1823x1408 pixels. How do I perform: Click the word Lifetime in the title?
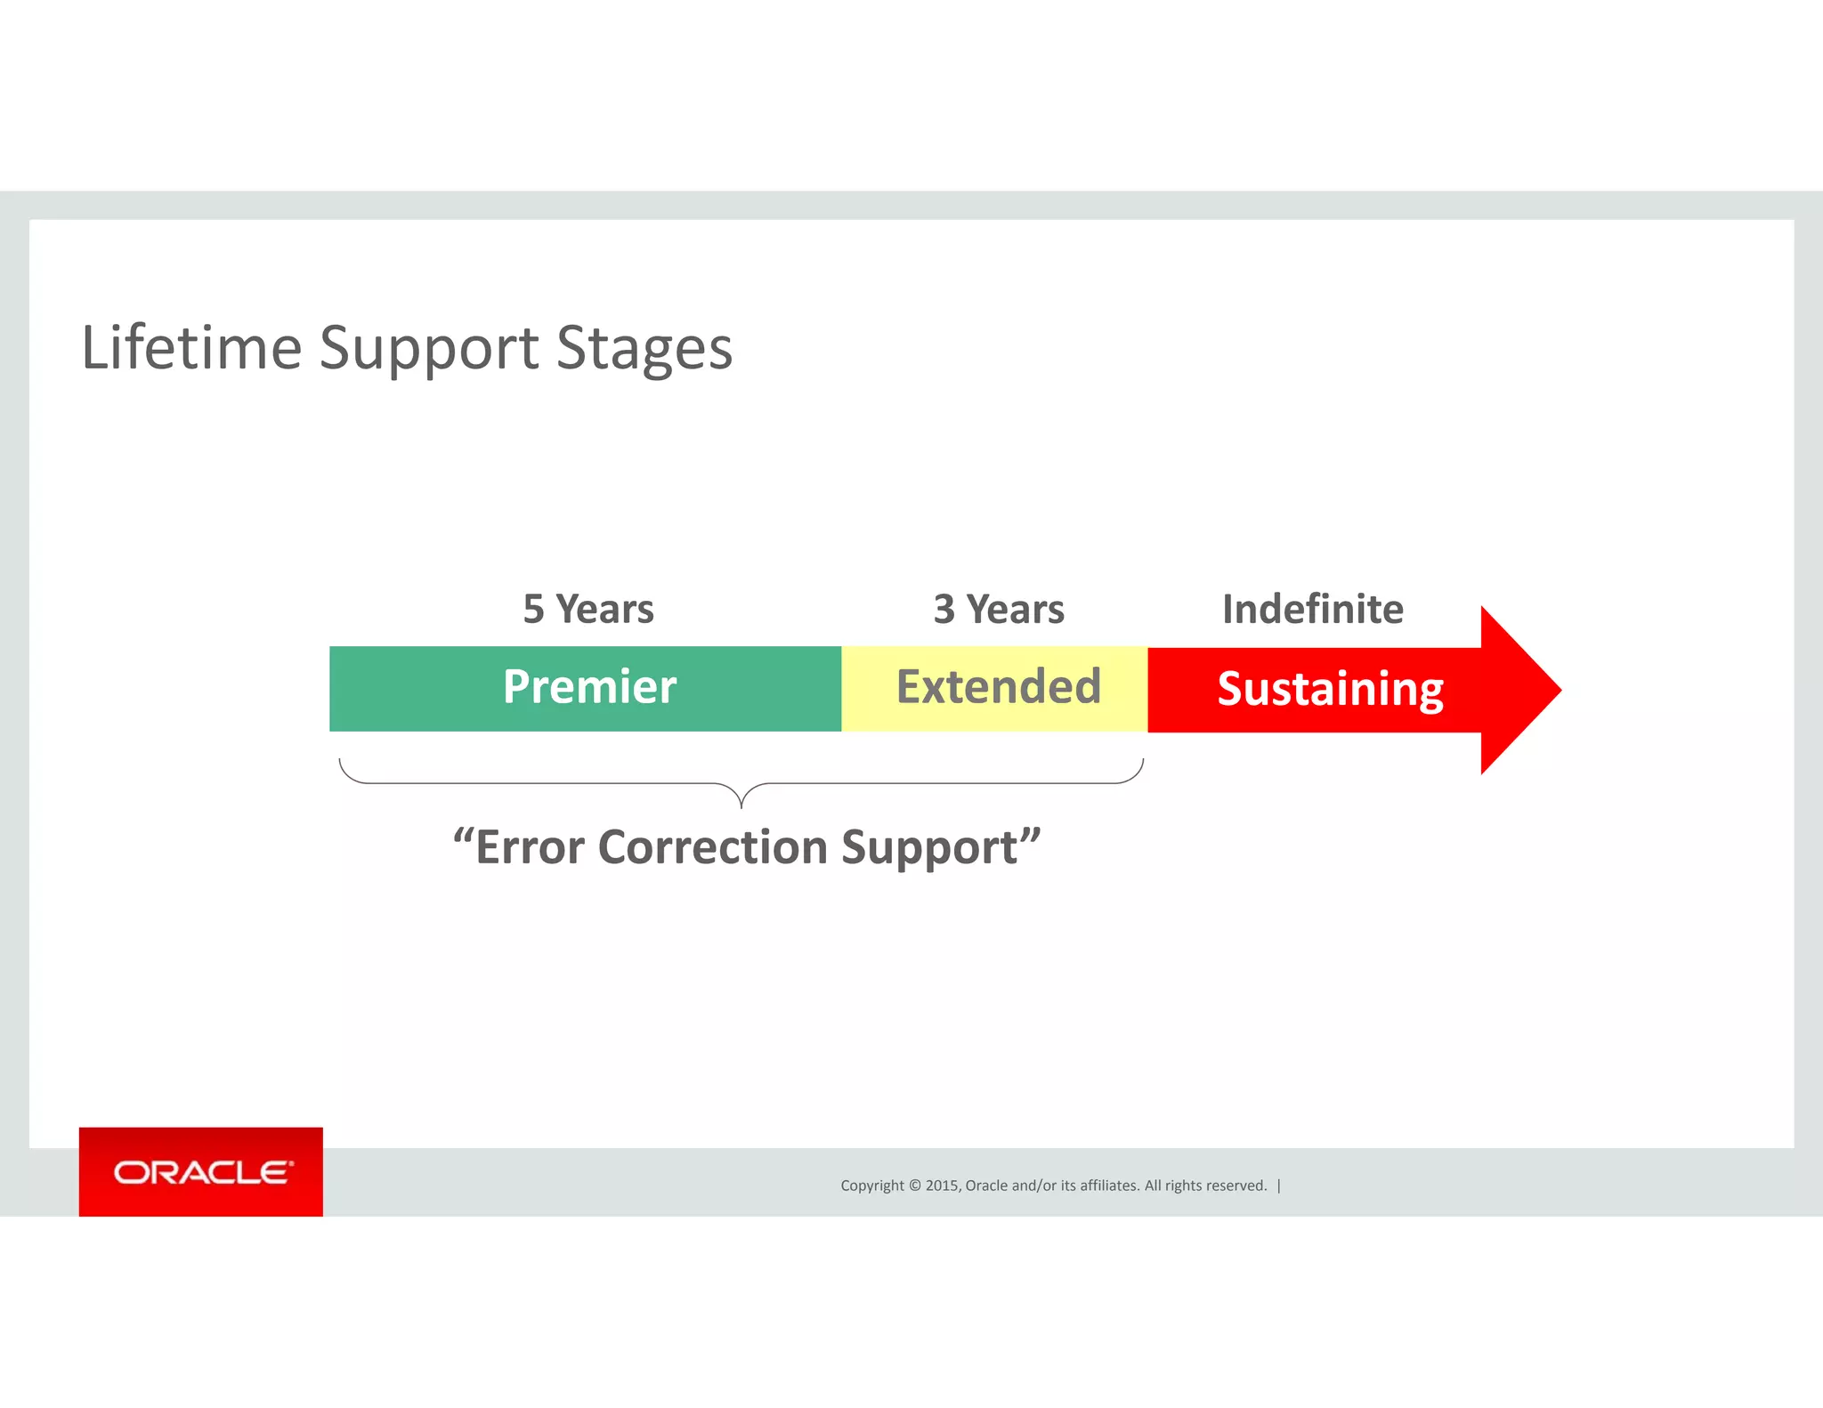[191, 347]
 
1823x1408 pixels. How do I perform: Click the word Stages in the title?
[644, 347]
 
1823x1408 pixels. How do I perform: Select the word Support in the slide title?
[428, 347]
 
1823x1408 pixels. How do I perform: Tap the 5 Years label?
[587, 610]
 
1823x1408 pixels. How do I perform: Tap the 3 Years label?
[998, 610]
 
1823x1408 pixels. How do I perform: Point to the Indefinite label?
[1312, 610]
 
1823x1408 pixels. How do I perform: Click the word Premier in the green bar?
[589, 687]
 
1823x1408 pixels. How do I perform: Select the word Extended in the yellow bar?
[998, 687]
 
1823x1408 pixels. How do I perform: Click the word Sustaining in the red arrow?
[1330, 689]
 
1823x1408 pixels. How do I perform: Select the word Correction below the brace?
[713, 847]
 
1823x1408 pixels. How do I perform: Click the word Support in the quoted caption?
[929, 847]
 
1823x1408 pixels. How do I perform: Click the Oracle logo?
[201, 1172]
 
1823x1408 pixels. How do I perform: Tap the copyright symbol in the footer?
[914, 1185]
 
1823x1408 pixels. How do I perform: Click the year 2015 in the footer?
[942, 1185]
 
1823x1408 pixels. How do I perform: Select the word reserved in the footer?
[1236, 1185]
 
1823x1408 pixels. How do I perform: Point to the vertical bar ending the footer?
[1279, 1185]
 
